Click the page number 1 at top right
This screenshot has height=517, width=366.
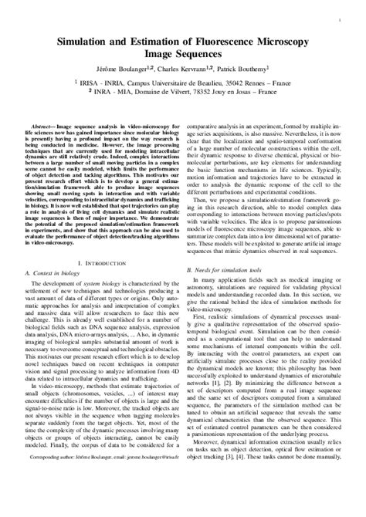tap(340, 15)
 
